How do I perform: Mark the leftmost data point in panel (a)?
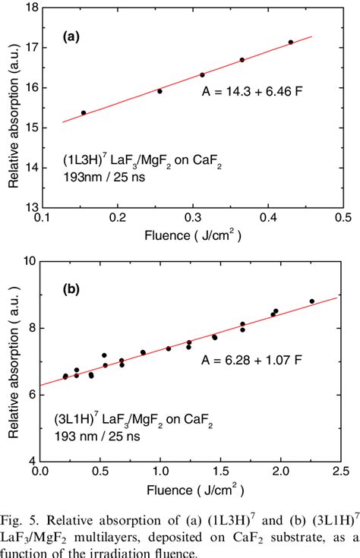tap(84, 112)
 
